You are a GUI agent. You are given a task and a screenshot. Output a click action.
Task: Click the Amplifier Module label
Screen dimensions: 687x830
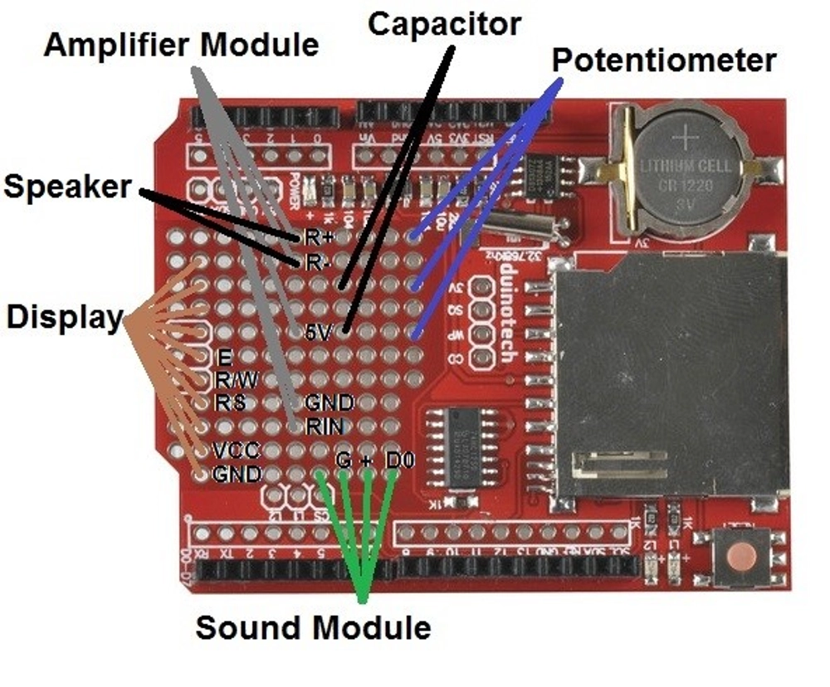[x=181, y=45]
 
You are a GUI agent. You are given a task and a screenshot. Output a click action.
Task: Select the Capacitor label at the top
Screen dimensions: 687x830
[x=444, y=23]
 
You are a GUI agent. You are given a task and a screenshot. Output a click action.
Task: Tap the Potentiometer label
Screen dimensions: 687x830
[x=663, y=60]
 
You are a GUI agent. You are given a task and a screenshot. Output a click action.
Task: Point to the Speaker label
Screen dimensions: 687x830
[x=67, y=187]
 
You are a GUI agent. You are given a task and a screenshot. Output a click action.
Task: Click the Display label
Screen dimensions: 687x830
[x=64, y=317]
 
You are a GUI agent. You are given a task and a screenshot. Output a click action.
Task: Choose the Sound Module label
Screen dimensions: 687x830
[x=313, y=628]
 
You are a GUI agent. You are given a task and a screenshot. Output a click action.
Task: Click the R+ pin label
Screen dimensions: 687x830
[x=320, y=237]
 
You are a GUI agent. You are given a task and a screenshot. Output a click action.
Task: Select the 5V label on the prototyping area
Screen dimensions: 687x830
[x=318, y=332]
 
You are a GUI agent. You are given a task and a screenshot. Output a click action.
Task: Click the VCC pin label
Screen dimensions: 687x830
[x=237, y=451]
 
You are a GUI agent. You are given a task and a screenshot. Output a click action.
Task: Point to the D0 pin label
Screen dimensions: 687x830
[x=400, y=459]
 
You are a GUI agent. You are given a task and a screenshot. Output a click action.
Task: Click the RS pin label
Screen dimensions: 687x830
[x=229, y=403]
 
